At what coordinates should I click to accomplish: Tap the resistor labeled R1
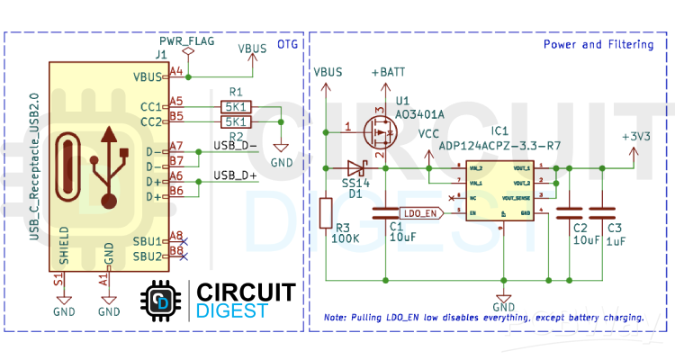[235, 107]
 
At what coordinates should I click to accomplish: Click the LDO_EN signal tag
[420, 213]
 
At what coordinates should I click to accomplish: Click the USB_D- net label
[235, 144]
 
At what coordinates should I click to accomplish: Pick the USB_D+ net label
[235, 175]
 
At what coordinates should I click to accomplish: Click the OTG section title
[287, 43]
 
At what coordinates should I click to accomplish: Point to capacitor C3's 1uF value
[616, 241]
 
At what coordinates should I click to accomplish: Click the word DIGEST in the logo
[232, 310]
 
